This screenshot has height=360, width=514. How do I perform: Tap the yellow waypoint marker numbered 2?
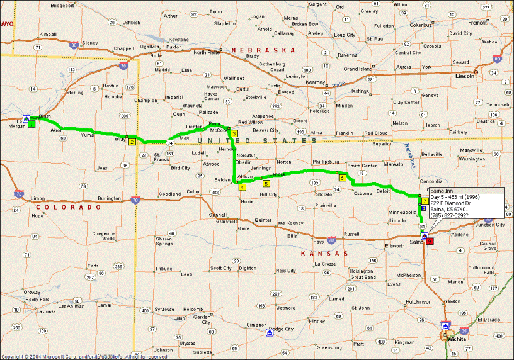coord(132,142)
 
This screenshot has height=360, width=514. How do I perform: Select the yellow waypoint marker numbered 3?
coord(234,134)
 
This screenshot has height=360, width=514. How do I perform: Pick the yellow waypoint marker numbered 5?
coord(266,184)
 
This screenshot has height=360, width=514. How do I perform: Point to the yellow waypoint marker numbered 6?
coord(342,178)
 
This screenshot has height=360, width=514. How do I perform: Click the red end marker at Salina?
coord(430,240)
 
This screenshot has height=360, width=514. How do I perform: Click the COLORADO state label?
coord(69,207)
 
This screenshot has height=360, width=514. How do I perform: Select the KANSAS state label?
coord(316,254)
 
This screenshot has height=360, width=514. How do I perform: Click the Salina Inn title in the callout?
coord(444,191)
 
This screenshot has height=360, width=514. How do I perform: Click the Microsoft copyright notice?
coord(85,356)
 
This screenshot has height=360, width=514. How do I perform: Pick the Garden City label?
coord(202,320)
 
